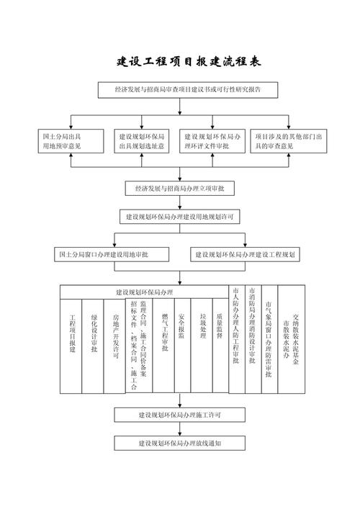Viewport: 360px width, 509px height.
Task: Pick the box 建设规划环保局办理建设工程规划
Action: pos(248,255)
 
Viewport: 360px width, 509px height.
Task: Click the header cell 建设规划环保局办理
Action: pos(144,292)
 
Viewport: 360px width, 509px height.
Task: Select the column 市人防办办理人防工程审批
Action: pos(235,338)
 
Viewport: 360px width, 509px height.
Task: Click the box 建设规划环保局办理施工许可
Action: pos(180,415)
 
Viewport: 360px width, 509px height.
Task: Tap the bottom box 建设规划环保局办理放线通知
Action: pos(180,443)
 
